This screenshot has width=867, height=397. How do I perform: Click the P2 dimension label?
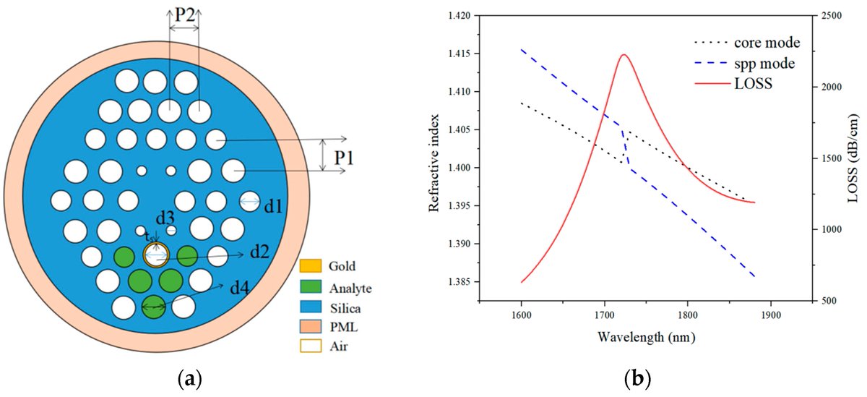coord(184,16)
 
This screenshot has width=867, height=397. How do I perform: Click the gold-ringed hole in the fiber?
coord(156,255)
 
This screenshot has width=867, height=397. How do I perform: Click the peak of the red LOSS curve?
coord(623,54)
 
